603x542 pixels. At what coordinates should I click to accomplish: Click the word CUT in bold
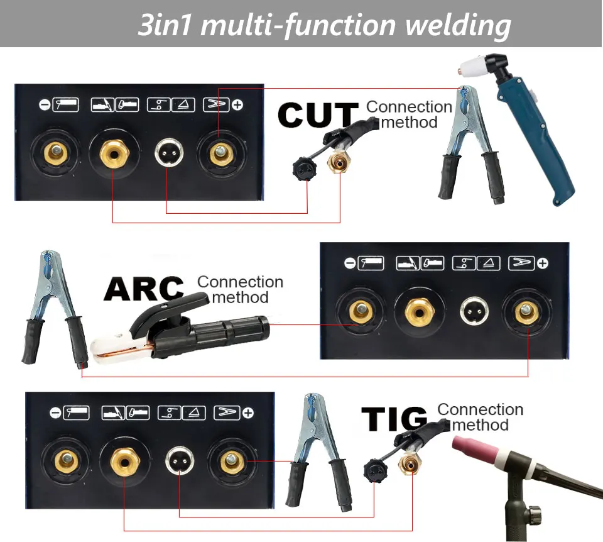coord(317,116)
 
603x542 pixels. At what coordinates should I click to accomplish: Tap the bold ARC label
coord(144,289)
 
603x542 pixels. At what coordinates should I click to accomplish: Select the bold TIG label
coord(394,419)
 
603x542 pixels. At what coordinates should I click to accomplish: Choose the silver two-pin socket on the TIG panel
coord(179,462)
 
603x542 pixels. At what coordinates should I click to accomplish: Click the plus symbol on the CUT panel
coord(237,104)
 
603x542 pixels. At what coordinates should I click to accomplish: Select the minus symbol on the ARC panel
coord(350,263)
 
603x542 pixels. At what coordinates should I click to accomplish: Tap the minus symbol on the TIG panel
coord(55,413)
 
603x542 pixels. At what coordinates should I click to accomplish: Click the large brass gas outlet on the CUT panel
coord(113,153)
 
